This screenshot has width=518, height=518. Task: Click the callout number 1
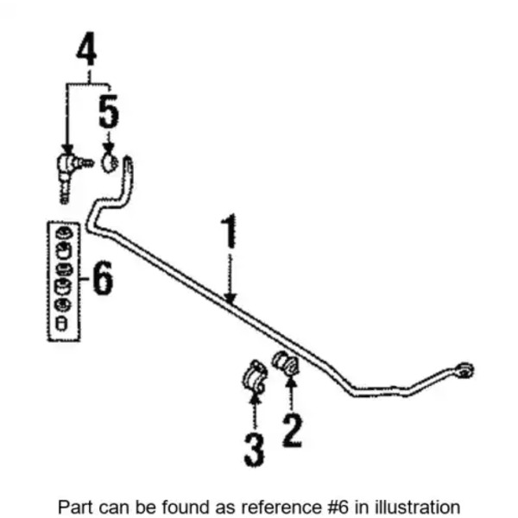click(x=229, y=234)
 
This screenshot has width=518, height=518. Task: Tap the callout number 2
click(x=292, y=428)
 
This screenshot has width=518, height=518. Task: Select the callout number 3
click(x=253, y=450)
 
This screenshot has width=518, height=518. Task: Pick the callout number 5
click(x=108, y=112)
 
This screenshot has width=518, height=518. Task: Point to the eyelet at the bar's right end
click(x=464, y=370)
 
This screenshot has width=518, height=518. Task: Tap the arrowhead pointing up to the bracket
click(x=253, y=400)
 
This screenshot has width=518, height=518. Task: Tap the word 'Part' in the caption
click(x=73, y=506)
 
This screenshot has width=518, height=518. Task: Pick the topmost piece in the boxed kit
click(x=62, y=233)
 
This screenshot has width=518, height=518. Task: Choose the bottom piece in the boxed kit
click(x=62, y=323)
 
